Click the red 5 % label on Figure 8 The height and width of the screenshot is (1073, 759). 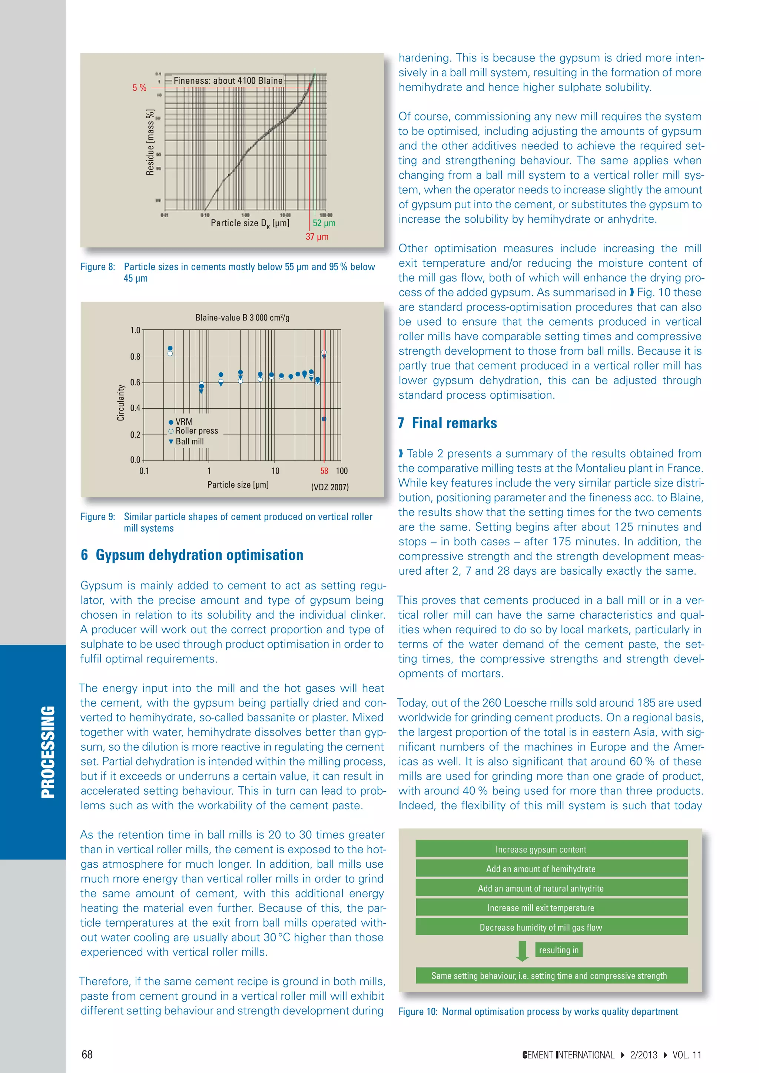pyautogui.click(x=139, y=88)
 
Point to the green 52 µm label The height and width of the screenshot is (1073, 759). pyautogui.click(x=324, y=223)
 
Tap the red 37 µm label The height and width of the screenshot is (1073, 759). pyautogui.click(x=317, y=236)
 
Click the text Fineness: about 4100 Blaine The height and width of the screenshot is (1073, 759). pyautogui.click(x=228, y=80)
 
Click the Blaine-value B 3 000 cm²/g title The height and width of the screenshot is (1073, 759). pyautogui.click(x=242, y=318)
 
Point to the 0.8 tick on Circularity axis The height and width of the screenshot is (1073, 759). pyautogui.click(x=135, y=356)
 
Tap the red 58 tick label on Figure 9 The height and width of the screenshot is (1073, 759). pyautogui.click(x=324, y=471)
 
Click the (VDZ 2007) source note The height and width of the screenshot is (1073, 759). pyautogui.click(x=330, y=487)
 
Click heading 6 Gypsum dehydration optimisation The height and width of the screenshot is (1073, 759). pyautogui.click(x=192, y=555)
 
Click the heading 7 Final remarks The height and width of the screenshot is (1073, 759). pyautogui.click(x=447, y=423)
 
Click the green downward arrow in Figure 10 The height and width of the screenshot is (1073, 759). pyautogui.click(x=522, y=951)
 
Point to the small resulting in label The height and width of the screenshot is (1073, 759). pyautogui.click(x=559, y=950)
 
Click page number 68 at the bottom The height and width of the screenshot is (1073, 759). pyautogui.click(x=87, y=1055)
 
